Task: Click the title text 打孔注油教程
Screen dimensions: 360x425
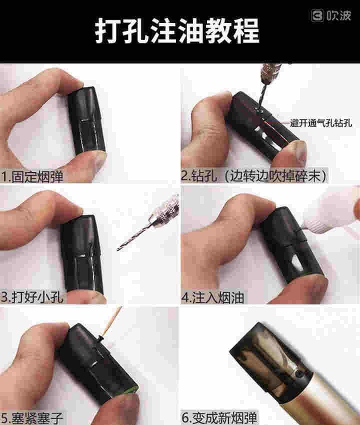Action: (177, 30)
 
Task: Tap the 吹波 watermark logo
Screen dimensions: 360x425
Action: (331, 15)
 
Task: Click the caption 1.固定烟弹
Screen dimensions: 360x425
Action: (32, 176)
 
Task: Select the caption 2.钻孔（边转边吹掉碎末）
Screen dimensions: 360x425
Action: (254, 175)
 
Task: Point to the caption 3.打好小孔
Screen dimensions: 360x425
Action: (32, 297)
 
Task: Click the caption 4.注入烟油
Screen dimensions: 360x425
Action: (212, 297)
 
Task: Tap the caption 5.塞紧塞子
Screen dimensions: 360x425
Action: (32, 417)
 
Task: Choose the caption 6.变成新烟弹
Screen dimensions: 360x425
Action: (219, 417)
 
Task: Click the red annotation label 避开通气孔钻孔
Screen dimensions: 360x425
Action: (320, 123)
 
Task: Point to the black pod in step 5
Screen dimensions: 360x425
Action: (97, 363)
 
